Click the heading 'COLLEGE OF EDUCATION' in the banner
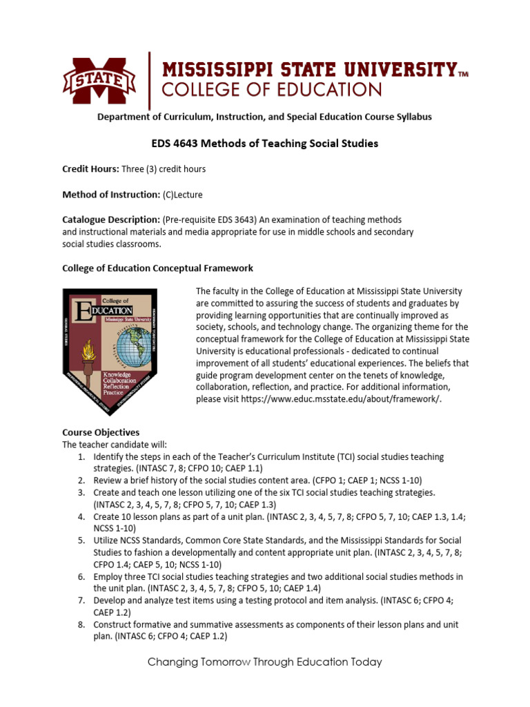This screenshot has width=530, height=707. click(271, 90)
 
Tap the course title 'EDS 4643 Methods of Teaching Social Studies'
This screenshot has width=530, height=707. click(264, 144)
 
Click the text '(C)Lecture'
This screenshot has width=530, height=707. click(183, 195)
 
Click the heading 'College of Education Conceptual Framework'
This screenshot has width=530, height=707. click(157, 268)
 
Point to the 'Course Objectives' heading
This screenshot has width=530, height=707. click(101, 432)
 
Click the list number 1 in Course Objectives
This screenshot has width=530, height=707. click(81, 457)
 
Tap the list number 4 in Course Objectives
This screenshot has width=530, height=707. click(81, 516)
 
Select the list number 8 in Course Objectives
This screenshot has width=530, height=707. click(81, 624)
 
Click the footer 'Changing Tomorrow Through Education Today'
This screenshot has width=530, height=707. click(265, 662)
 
